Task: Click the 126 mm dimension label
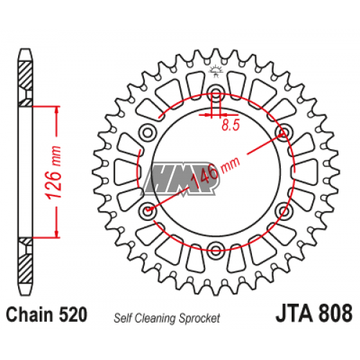(53, 172)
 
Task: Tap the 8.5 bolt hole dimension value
(230, 125)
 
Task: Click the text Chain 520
(46, 315)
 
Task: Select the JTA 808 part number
(314, 313)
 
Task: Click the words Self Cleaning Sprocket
(167, 318)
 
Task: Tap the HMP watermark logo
(181, 178)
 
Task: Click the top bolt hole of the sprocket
(215, 92)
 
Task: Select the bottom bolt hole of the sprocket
(215, 250)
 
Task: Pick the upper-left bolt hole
(148, 132)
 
